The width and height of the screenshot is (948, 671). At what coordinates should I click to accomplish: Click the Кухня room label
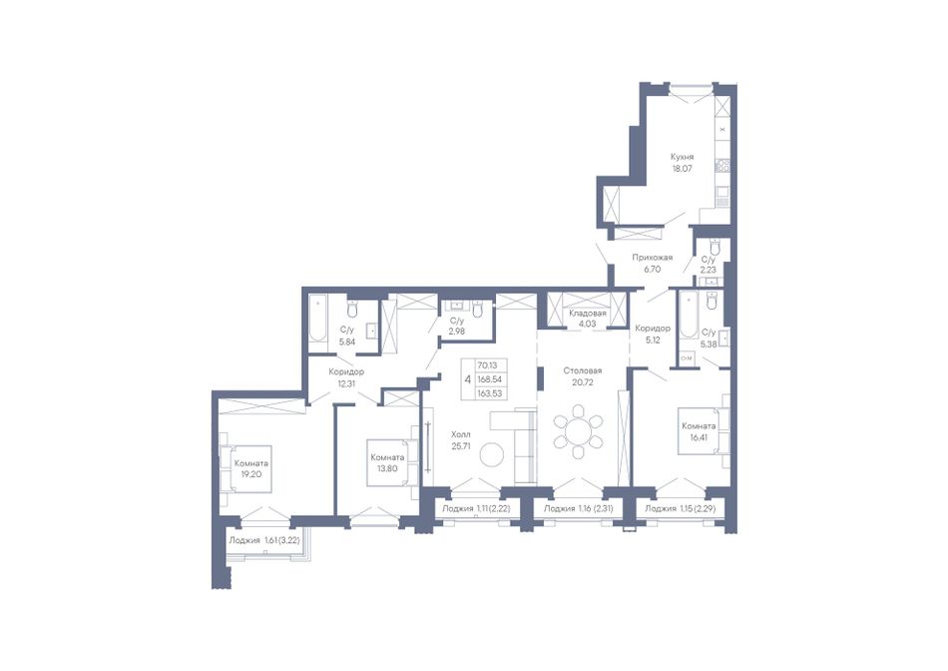pos(682,157)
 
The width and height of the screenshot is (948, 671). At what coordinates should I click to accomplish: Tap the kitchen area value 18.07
pos(682,169)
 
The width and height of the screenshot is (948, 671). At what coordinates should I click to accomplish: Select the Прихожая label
pos(653,258)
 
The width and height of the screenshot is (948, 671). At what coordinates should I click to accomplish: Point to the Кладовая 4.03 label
pos(587,319)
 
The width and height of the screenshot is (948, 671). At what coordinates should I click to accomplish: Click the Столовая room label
pos(582,370)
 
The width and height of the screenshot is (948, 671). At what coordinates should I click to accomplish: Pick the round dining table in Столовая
pos(579,432)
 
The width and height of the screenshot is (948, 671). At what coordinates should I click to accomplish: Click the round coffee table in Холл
pos(492,453)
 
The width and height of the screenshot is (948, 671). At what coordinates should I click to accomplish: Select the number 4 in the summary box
pos(467,379)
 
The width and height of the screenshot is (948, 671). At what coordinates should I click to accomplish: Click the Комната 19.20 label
pos(251,469)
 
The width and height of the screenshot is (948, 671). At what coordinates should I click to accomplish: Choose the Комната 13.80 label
pos(387,463)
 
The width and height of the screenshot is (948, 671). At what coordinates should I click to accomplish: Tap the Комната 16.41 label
pos(699,430)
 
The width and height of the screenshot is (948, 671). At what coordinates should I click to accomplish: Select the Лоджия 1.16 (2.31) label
pos(578,509)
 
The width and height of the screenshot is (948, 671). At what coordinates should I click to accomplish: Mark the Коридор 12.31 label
pos(346,377)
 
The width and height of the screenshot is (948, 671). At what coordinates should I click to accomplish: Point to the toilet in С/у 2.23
pos(715,248)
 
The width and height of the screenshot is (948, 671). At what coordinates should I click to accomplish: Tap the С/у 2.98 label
pos(457,327)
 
